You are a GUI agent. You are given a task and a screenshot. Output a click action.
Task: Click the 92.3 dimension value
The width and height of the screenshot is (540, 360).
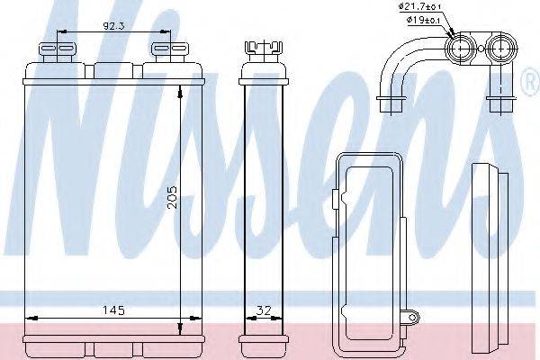pyautogui.click(x=113, y=25)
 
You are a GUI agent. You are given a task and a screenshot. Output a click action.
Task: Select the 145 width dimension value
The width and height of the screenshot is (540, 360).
pyautogui.click(x=113, y=310)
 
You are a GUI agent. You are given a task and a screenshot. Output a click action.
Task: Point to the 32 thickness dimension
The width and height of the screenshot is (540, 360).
pyautogui.click(x=264, y=310)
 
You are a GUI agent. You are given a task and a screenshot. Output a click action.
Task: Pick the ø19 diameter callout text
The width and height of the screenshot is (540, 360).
pyautogui.click(x=423, y=20)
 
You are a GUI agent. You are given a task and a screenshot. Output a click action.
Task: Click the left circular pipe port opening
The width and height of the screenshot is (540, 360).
pyautogui.click(x=461, y=49)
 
